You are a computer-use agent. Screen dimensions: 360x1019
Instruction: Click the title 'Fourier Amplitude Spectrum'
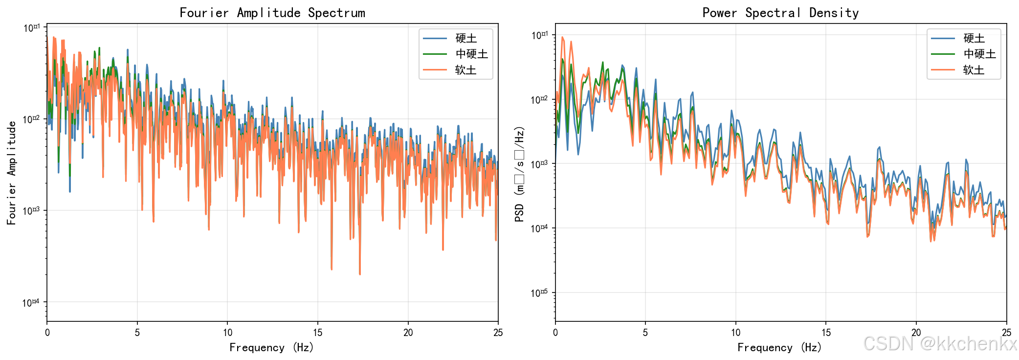pyautogui.click(x=272, y=13)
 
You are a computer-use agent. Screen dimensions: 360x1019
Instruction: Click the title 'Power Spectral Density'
pyautogui.click(x=780, y=13)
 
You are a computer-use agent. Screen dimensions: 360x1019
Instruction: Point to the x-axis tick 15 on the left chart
pyautogui.click(x=318, y=333)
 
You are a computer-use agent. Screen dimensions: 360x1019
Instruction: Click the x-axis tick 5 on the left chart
pyautogui.click(x=137, y=333)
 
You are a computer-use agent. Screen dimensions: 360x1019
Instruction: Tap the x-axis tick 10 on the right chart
pyautogui.click(x=736, y=333)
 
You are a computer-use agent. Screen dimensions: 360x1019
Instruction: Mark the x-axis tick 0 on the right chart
pyautogui.click(x=555, y=333)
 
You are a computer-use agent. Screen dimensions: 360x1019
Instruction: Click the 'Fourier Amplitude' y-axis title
pyautogui.click(x=12, y=173)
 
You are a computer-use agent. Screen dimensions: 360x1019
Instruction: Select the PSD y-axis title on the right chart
pyautogui.click(x=519, y=174)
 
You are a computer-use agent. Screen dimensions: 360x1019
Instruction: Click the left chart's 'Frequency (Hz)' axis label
pyautogui.click(x=272, y=347)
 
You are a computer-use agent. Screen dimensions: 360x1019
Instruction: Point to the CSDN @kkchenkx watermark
pyautogui.click(x=940, y=344)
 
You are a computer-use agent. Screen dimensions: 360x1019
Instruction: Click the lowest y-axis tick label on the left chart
pyautogui.click(x=31, y=303)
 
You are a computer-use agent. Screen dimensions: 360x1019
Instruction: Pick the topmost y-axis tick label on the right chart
pyautogui.click(x=540, y=35)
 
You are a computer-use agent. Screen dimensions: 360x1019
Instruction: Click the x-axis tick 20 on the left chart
pyautogui.click(x=408, y=333)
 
